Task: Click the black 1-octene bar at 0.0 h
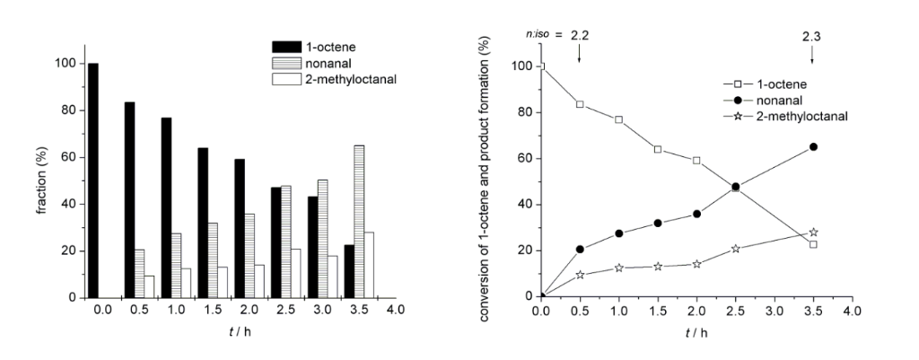[93, 180]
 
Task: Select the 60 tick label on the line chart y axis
[517, 159]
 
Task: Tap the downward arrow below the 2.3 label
[812, 55]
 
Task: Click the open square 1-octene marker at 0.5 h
[580, 104]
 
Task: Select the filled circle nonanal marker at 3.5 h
[813, 146]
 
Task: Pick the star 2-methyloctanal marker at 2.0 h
[696, 264]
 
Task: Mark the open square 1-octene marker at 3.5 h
[813, 244]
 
